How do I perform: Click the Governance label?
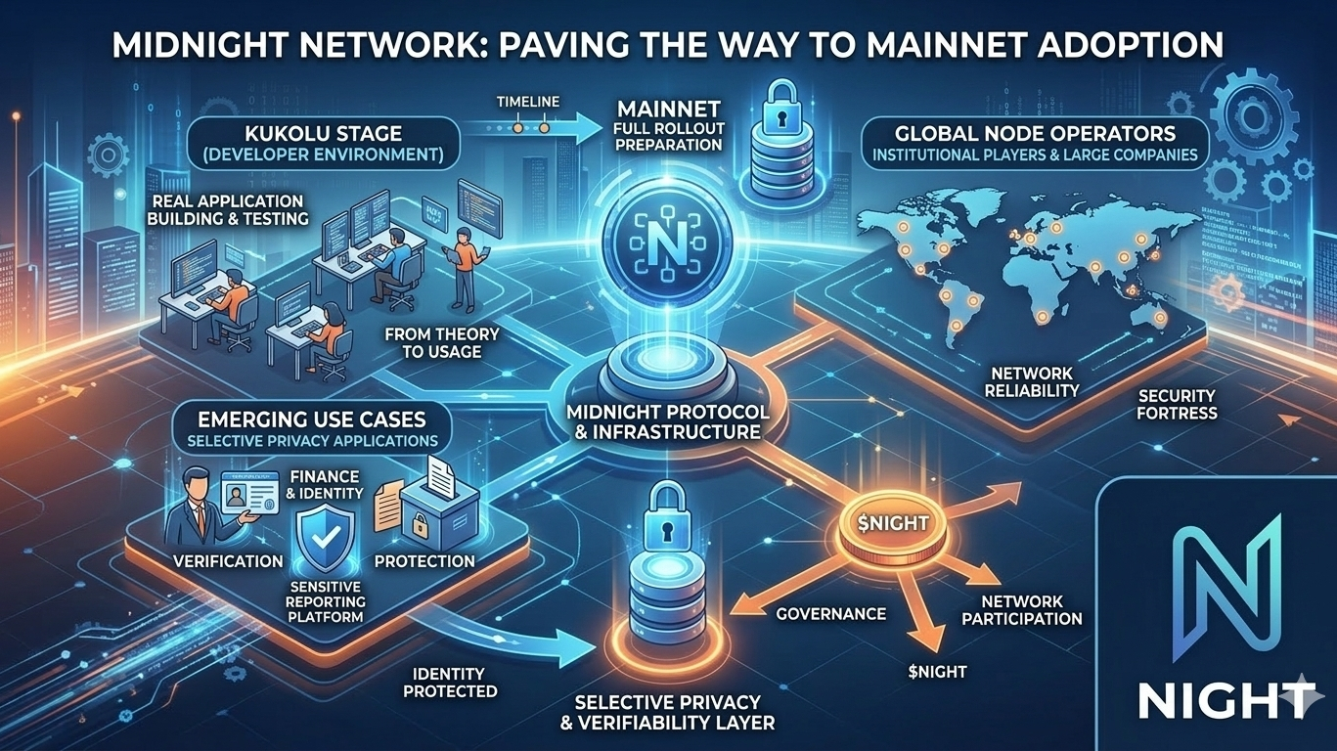(830, 614)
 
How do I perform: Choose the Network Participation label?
(1021, 610)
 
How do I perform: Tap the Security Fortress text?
(1177, 404)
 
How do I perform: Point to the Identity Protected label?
(449, 683)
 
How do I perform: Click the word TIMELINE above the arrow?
(527, 102)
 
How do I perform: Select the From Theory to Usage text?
(442, 342)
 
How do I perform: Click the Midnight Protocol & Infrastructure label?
(668, 420)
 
